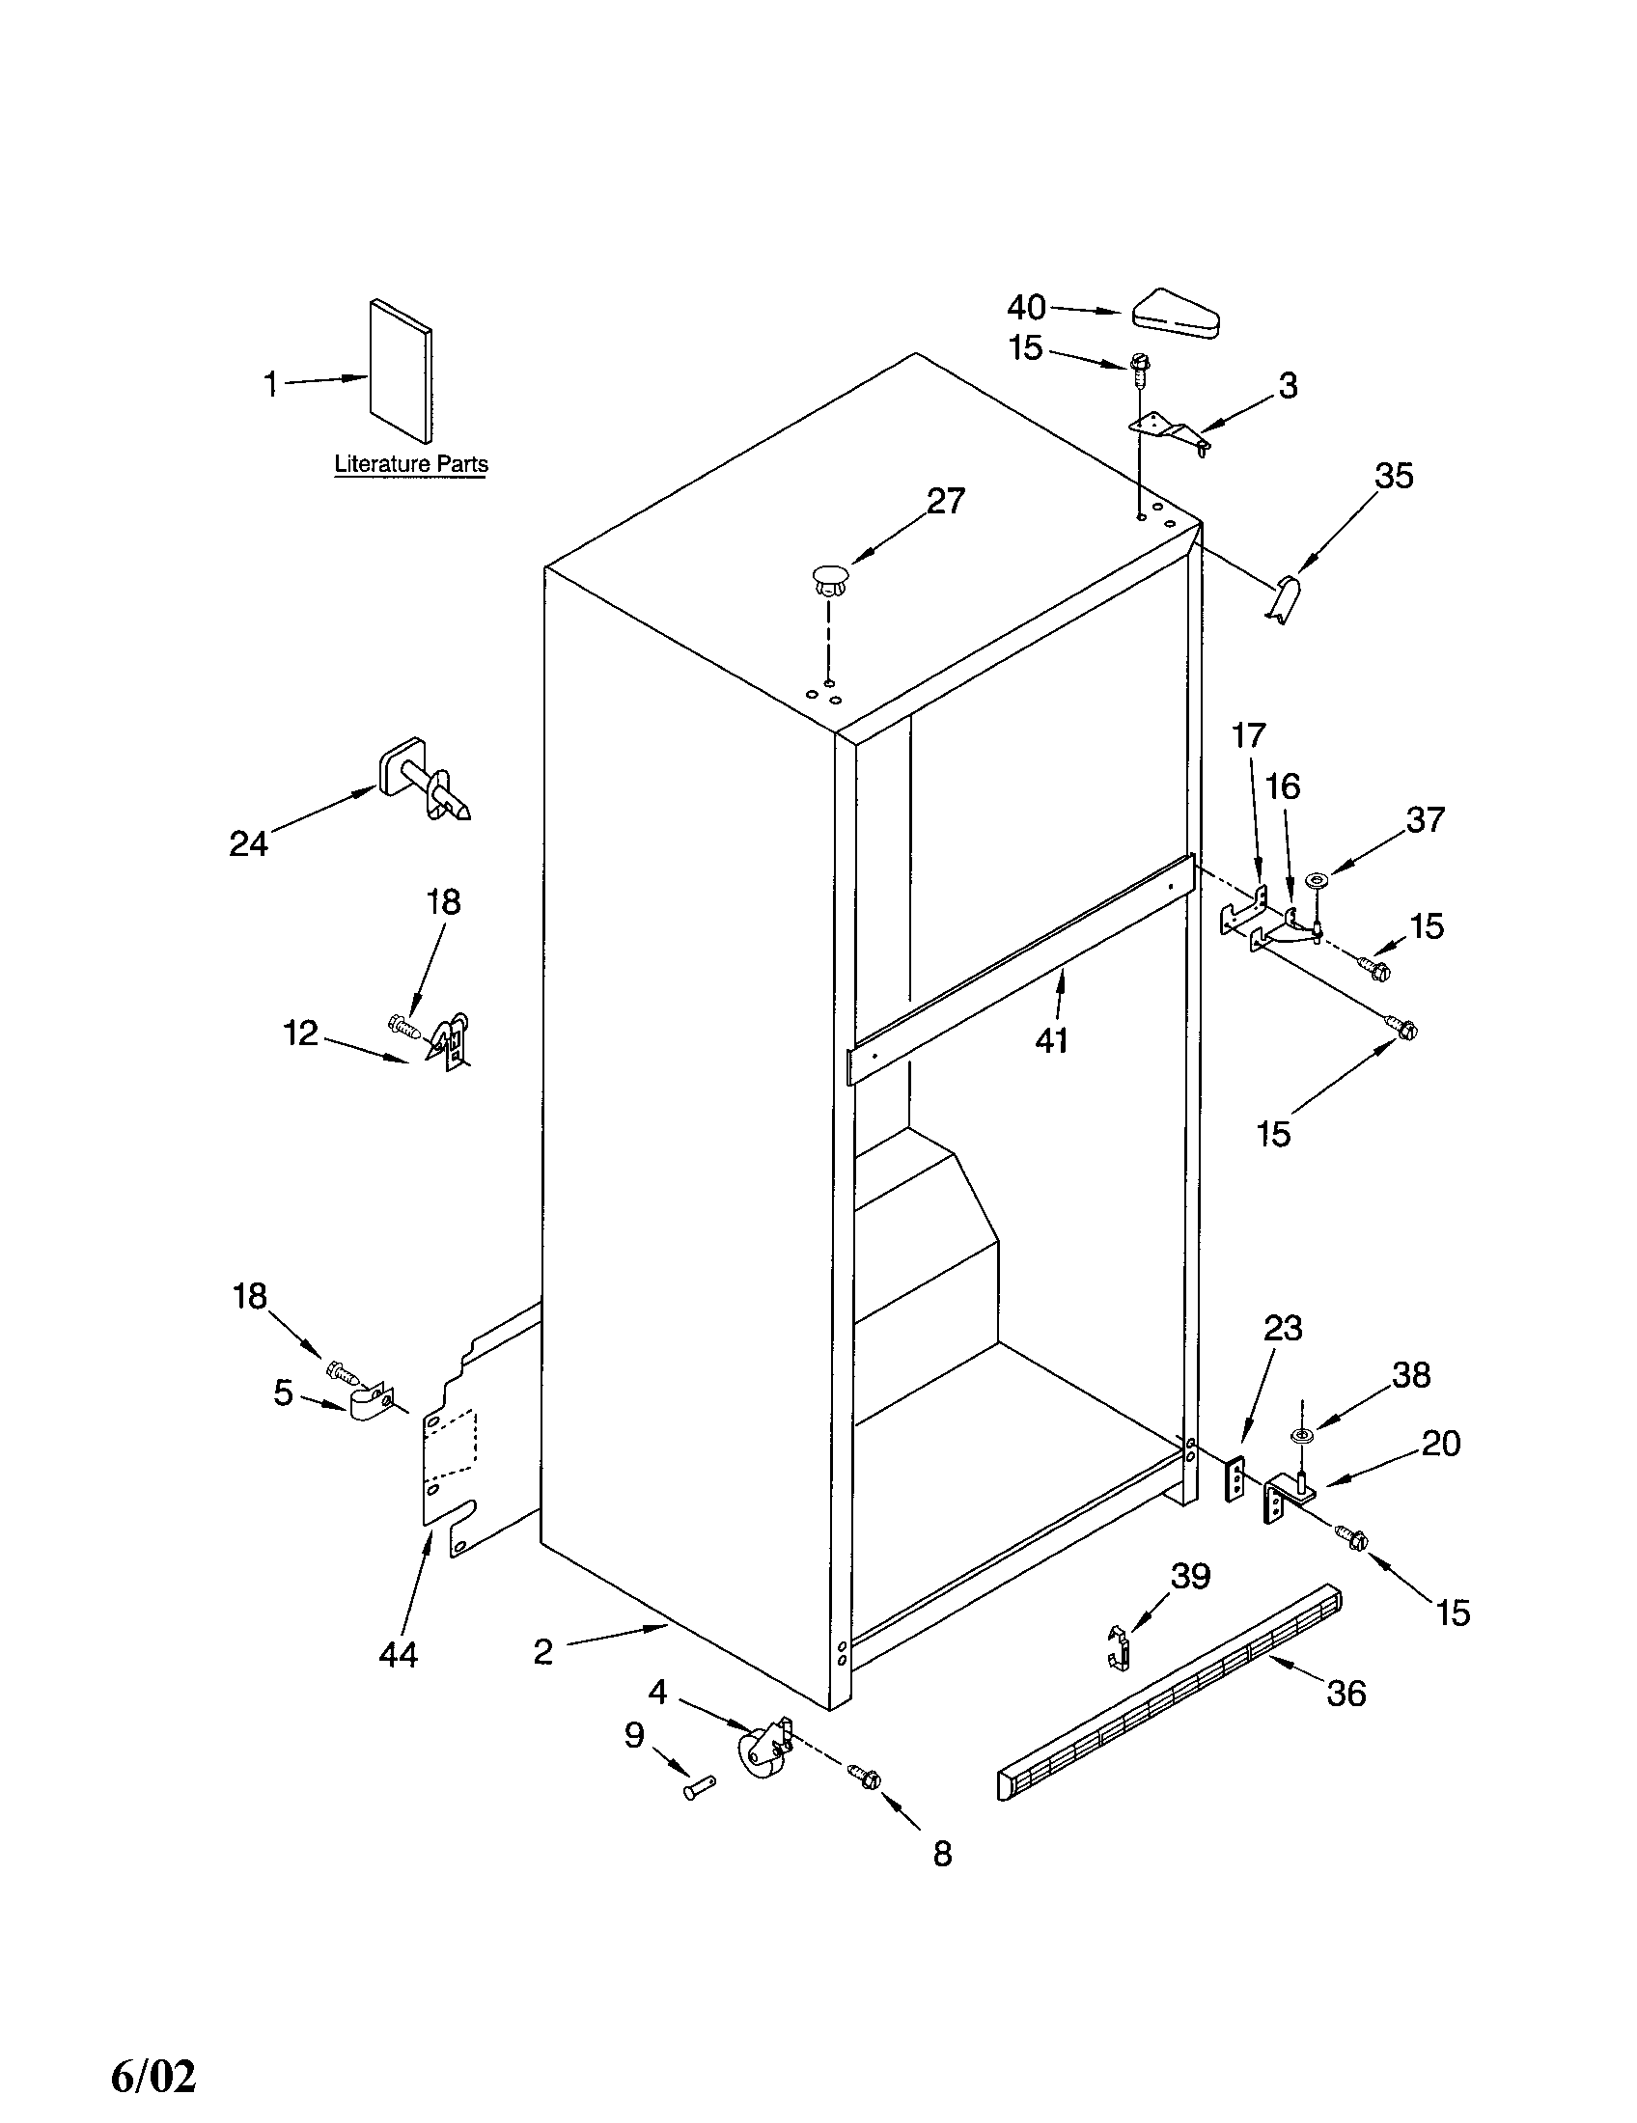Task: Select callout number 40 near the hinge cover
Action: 1026,307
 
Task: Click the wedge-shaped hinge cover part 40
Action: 1177,317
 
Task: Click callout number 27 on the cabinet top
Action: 945,501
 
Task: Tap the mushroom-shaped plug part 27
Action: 828,580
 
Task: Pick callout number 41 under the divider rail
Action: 1051,1040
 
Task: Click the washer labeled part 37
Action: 1318,879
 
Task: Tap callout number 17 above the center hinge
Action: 1249,736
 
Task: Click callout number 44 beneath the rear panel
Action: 398,1652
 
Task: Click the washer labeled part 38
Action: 1301,1436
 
